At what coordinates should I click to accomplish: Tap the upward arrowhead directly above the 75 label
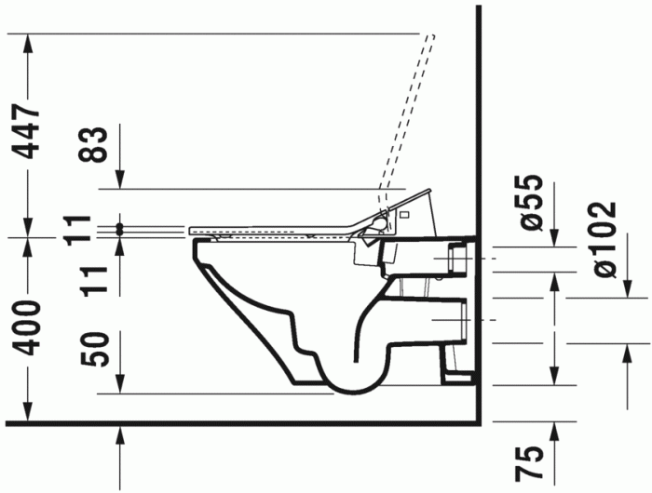(x=556, y=429)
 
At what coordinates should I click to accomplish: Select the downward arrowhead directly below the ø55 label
(x=556, y=241)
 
